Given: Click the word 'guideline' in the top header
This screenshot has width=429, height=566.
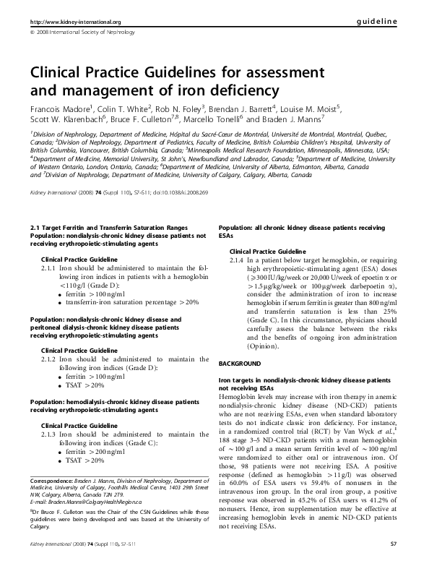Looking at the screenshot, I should coord(378,22).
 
